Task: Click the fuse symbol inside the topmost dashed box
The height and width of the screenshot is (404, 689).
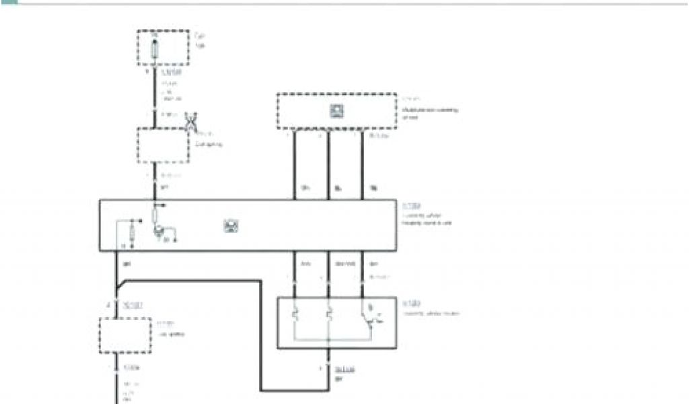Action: click(x=156, y=48)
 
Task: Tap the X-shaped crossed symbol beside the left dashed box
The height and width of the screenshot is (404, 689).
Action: click(x=191, y=122)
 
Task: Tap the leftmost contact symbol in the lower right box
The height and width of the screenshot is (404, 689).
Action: click(x=295, y=314)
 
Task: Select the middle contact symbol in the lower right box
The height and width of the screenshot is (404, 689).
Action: click(x=329, y=314)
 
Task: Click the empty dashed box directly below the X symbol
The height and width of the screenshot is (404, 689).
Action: click(x=163, y=145)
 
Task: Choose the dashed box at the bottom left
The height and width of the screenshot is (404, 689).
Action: click(x=124, y=335)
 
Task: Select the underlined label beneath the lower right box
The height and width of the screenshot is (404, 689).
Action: click(x=345, y=370)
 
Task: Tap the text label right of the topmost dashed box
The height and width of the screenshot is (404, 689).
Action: click(x=200, y=40)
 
